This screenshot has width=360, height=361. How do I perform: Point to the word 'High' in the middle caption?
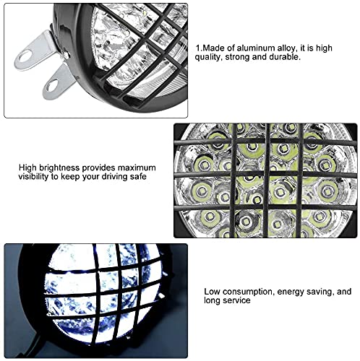tap(28, 167)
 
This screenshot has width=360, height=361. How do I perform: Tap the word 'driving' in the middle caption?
tap(119, 176)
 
